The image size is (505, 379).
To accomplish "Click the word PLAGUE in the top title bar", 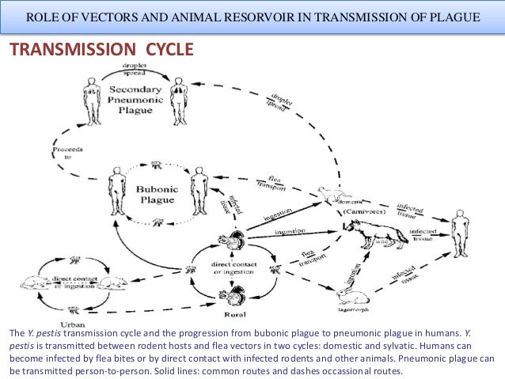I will (x=454, y=17).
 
